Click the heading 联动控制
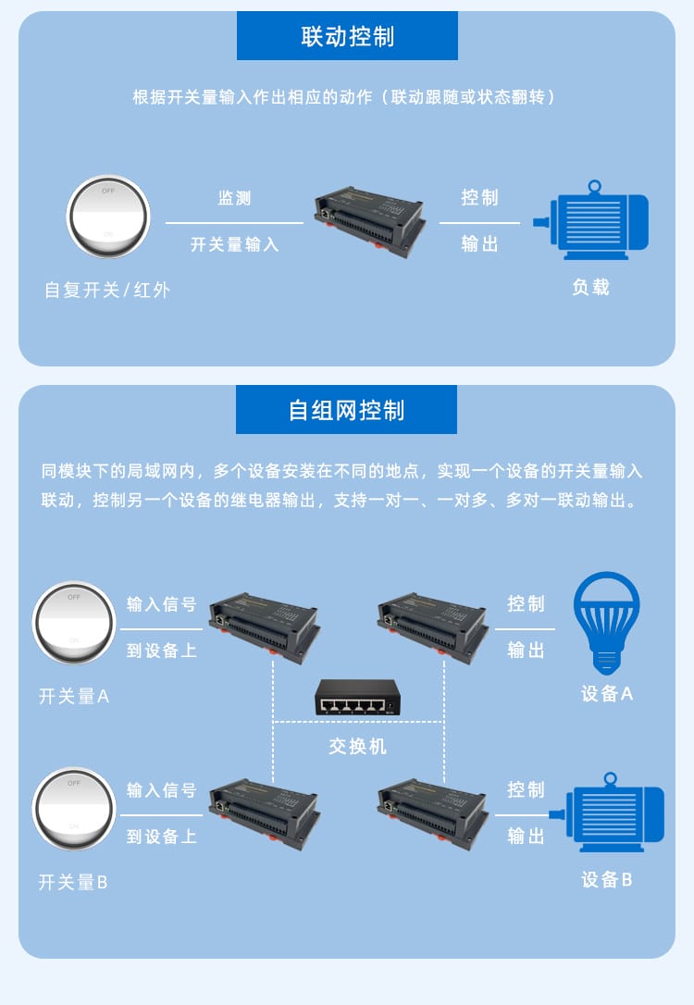point(347,36)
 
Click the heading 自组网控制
point(347,410)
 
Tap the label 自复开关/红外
point(107,290)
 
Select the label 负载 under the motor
point(591,287)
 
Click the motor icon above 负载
point(591,220)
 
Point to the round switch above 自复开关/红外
point(108,217)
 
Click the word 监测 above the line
point(234,198)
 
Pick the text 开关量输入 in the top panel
point(234,244)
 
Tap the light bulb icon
point(606,623)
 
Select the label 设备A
point(607,693)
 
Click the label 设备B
point(607,879)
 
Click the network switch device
point(357,698)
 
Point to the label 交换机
point(357,746)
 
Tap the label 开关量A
point(74,696)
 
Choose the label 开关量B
point(73,882)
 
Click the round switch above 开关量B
point(74,809)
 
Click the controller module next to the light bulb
point(433,627)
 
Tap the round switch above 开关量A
point(74,623)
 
